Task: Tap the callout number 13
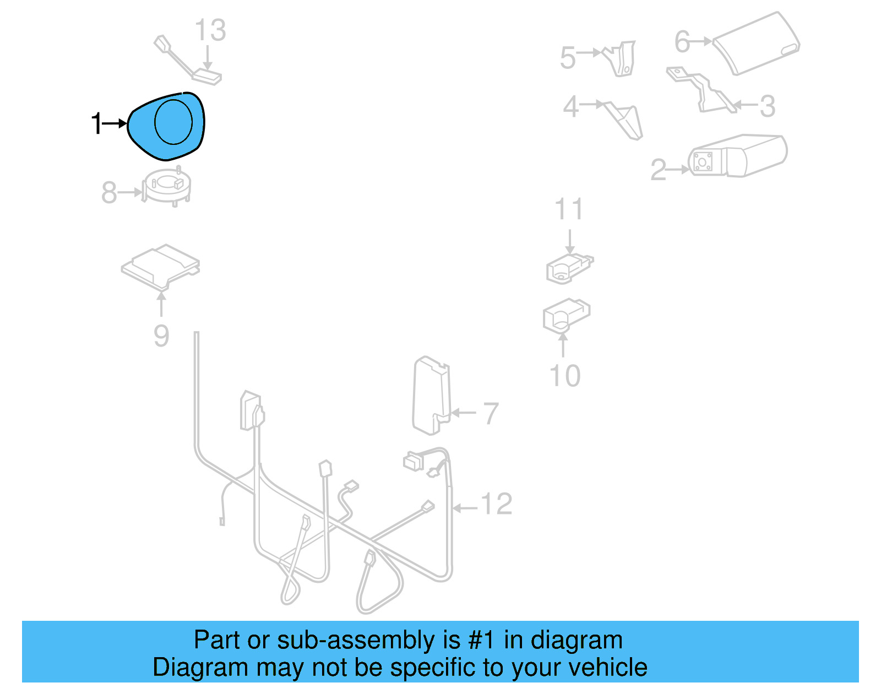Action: [x=210, y=31]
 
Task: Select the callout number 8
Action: [x=109, y=193]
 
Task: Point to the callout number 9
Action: [x=161, y=335]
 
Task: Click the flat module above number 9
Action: [x=160, y=267]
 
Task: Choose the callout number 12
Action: [x=497, y=504]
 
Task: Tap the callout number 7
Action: [x=491, y=413]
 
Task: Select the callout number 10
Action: [x=565, y=376]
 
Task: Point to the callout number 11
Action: [x=569, y=210]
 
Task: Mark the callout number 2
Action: [x=658, y=170]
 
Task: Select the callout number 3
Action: [x=768, y=106]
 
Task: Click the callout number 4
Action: [x=571, y=106]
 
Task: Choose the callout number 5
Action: [x=568, y=58]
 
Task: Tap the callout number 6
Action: [x=682, y=42]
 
